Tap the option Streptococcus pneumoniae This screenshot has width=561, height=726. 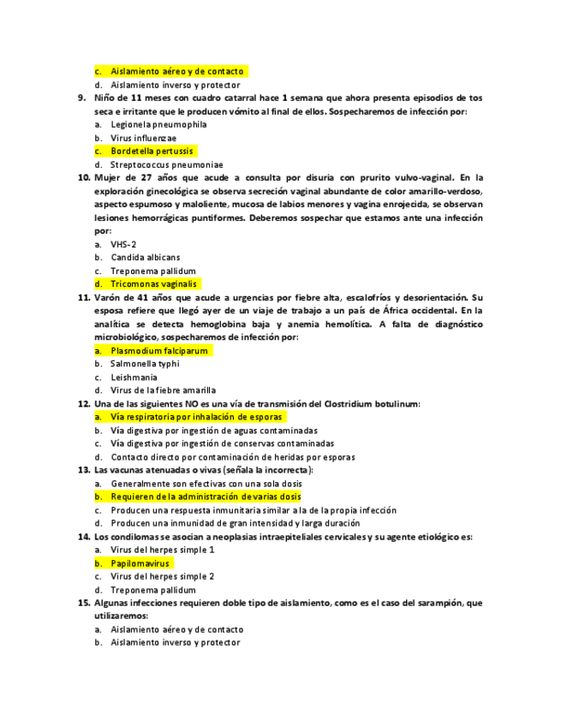[x=167, y=164]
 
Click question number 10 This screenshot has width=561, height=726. [x=84, y=177]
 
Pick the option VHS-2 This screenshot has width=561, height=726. [x=123, y=244]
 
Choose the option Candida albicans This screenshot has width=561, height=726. [x=146, y=257]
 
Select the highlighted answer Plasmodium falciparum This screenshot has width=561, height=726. [x=159, y=350]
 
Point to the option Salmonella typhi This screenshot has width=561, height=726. [x=145, y=363]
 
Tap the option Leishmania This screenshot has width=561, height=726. [x=134, y=377]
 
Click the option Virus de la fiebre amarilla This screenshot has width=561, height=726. [x=163, y=390]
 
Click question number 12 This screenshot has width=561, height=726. [x=84, y=403]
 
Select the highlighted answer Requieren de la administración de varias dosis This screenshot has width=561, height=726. [x=206, y=497]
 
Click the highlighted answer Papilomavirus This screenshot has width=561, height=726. [x=141, y=563]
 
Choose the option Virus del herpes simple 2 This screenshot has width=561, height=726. [x=162, y=576]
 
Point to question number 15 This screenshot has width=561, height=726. [x=84, y=603]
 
